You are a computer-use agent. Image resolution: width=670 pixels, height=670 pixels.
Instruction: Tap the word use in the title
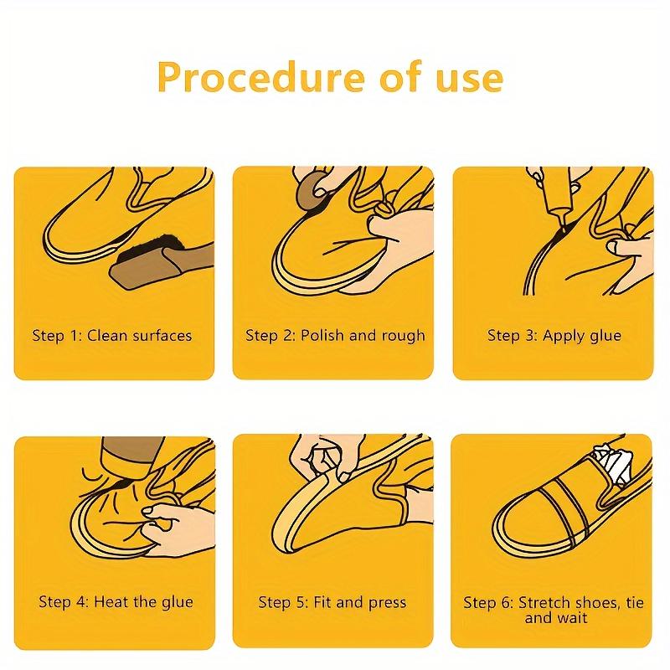pos(465,78)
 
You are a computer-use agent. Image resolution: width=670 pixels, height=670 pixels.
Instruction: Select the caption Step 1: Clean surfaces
pos(112,336)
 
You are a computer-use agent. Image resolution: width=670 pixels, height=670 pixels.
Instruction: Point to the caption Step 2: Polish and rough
pos(335,336)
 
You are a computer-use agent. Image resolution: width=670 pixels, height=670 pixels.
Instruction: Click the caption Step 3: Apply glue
pos(554,336)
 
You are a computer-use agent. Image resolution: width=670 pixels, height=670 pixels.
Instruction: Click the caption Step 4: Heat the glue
pos(116,602)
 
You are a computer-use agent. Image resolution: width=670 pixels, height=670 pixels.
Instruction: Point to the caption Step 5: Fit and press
pos(332,602)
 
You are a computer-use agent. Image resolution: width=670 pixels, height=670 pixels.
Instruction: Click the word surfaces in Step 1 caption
pos(160,336)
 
